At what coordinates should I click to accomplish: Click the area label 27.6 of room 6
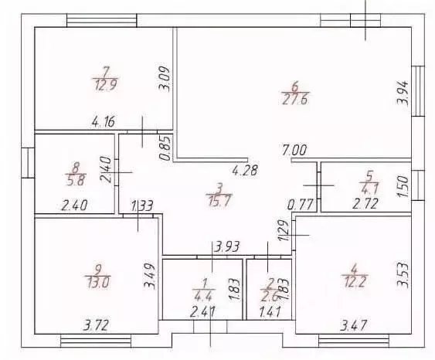click(x=295, y=100)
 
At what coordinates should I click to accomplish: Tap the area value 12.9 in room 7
click(x=106, y=84)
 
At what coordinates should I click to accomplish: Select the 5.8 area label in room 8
click(x=76, y=181)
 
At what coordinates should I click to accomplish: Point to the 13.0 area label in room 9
click(x=98, y=283)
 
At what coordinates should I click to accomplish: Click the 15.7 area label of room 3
click(x=219, y=201)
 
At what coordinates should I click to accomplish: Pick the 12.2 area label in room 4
click(x=355, y=282)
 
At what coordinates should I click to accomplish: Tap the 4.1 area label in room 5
click(x=370, y=189)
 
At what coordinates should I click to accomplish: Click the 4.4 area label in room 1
click(x=203, y=297)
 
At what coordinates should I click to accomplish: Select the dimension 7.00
click(x=294, y=151)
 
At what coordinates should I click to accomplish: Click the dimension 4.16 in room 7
click(x=104, y=121)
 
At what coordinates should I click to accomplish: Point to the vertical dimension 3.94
click(x=403, y=93)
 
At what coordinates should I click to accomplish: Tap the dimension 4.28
click(x=245, y=170)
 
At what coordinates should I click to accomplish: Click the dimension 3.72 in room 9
click(x=96, y=325)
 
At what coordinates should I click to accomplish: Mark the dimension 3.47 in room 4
click(x=354, y=325)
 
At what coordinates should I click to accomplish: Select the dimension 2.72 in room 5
click(x=365, y=204)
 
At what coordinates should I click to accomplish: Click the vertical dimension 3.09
click(x=164, y=79)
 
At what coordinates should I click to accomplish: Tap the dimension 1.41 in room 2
click(x=270, y=311)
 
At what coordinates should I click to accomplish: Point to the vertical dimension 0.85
click(x=165, y=148)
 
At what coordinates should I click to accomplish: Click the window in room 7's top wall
click(x=102, y=21)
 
